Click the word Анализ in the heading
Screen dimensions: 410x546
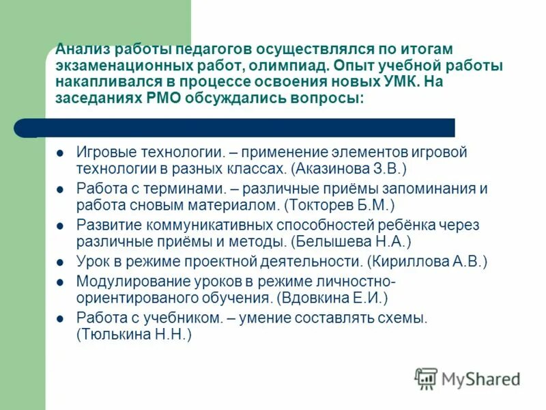[x=83, y=50]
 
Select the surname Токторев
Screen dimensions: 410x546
[x=320, y=204]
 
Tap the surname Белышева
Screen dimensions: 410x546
[x=331, y=241]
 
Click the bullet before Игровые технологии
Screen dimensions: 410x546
[x=60, y=152]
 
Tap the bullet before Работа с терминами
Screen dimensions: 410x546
[x=60, y=189]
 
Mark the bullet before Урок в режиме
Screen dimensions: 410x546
[x=60, y=262]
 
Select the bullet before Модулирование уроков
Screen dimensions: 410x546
[x=60, y=282]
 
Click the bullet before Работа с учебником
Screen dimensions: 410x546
[x=60, y=318]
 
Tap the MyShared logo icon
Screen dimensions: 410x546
[x=426, y=378]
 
